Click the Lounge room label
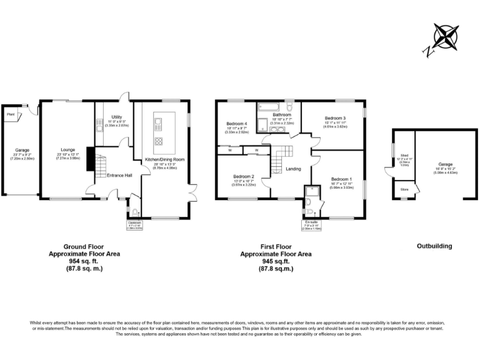pos(67,149)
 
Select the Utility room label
pos(117,117)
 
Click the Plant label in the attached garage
pos(11,114)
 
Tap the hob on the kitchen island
pos(159,140)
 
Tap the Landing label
pos(293,169)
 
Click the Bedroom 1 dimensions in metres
pos(341,186)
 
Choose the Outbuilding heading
pos(434,246)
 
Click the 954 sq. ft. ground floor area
pos(84,261)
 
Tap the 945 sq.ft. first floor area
pos(276,261)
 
